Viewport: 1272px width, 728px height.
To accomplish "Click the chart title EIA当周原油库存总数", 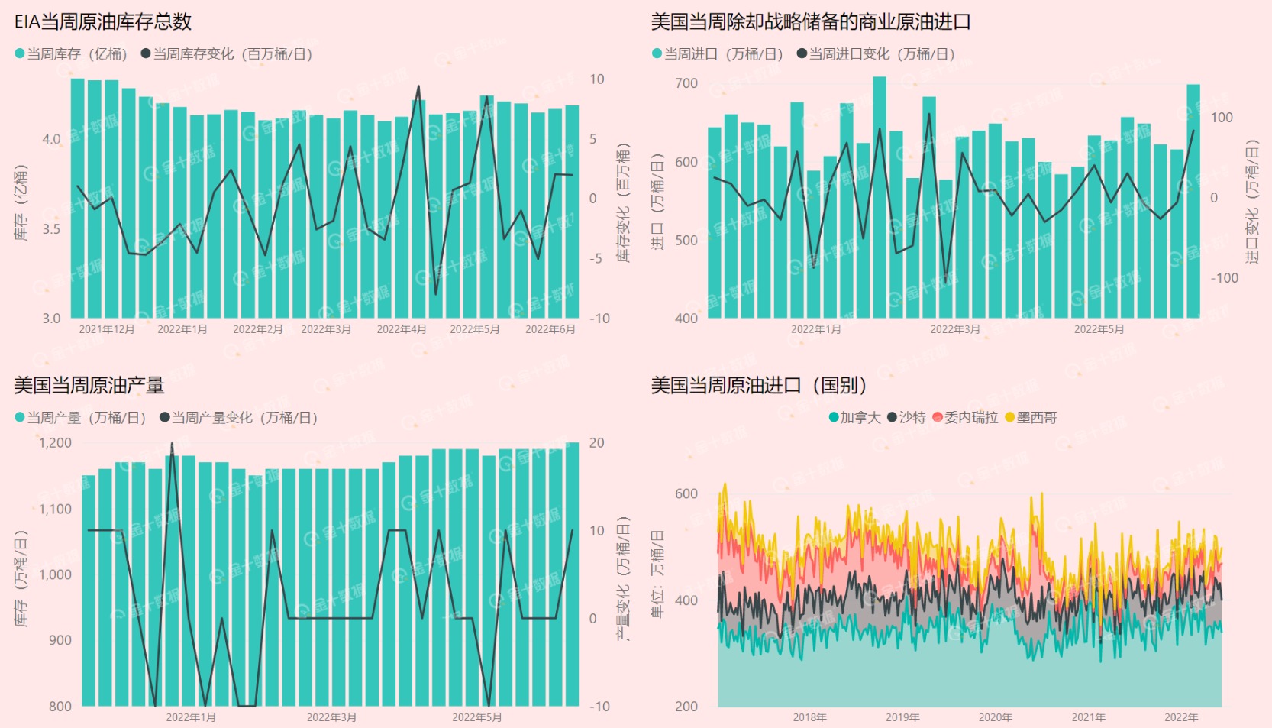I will (103, 21).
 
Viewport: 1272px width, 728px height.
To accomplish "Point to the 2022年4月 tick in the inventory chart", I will (402, 329).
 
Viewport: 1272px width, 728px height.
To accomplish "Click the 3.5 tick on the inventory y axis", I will (51, 228).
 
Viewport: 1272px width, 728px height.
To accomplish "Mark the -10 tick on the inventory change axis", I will (599, 319).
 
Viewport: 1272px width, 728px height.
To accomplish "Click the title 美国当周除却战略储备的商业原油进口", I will (810, 21).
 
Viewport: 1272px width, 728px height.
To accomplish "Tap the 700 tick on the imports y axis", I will (686, 83).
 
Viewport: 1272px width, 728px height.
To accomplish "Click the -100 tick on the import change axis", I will (1225, 278).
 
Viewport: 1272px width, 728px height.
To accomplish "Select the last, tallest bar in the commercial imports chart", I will (1193, 200).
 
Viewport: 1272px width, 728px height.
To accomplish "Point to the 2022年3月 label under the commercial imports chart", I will (955, 329).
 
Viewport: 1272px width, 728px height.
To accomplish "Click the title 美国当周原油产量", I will (89, 385).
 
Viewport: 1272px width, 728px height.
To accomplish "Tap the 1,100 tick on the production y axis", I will (55, 509).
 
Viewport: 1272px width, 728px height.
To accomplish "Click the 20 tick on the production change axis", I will (596, 443).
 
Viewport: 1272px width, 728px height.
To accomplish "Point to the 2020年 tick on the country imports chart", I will (996, 717).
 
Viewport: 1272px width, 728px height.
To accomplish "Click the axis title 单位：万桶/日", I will (657, 574).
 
